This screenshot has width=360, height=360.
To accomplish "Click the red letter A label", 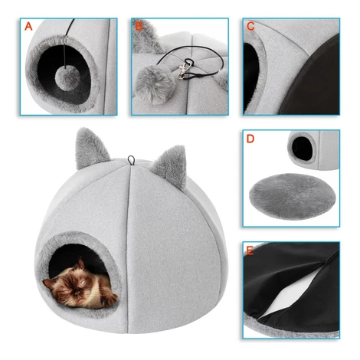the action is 28,26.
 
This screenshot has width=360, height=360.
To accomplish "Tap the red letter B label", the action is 139,26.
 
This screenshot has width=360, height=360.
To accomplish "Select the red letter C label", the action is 250,26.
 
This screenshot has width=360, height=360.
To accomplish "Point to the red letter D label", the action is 250,139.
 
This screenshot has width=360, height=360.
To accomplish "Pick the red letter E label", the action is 250,250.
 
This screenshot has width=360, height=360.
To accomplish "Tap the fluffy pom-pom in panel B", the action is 155,83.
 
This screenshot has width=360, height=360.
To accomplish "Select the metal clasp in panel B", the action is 183,71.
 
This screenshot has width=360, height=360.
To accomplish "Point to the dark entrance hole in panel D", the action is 302,149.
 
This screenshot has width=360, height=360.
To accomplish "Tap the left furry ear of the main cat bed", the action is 90,148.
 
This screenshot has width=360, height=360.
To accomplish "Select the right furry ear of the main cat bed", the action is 171,167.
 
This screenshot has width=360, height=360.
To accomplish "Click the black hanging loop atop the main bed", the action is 131,160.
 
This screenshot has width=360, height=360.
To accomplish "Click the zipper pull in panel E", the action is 326,260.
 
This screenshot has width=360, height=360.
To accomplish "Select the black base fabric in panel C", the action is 314,82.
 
